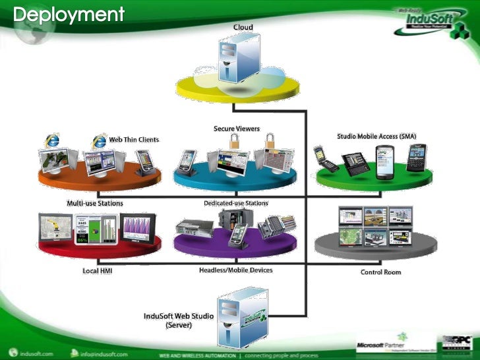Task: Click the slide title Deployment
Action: point(69,14)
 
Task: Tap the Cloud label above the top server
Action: point(243,27)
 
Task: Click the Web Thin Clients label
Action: point(134,139)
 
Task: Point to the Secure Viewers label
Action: point(236,129)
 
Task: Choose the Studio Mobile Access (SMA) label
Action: point(376,136)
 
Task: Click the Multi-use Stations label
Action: point(95,203)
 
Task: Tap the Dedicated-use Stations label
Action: point(235,203)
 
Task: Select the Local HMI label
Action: point(97,271)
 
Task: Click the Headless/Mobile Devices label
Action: point(235,270)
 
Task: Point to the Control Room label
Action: point(380,272)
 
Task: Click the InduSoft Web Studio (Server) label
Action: point(179,320)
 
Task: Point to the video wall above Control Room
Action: point(375,227)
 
